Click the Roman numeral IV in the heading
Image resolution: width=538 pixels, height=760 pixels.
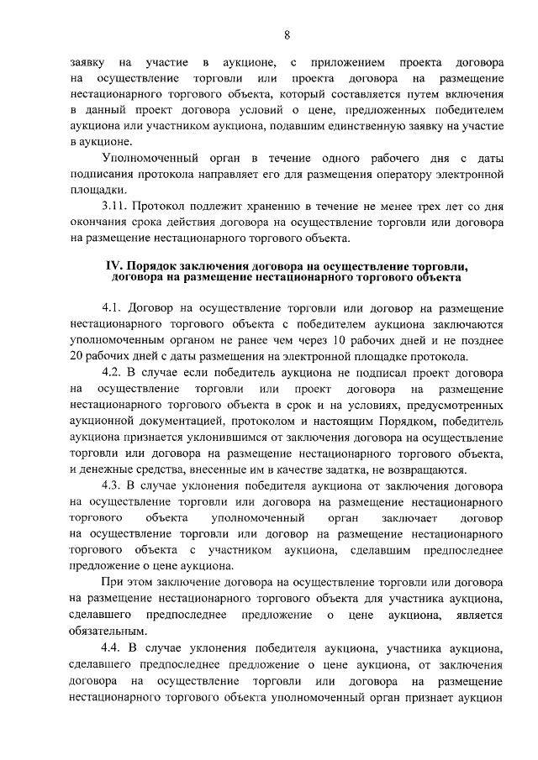point(113,266)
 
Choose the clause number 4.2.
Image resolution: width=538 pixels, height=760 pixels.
point(113,372)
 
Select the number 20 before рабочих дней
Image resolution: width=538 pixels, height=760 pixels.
point(80,357)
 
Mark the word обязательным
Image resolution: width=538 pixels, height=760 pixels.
point(109,631)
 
